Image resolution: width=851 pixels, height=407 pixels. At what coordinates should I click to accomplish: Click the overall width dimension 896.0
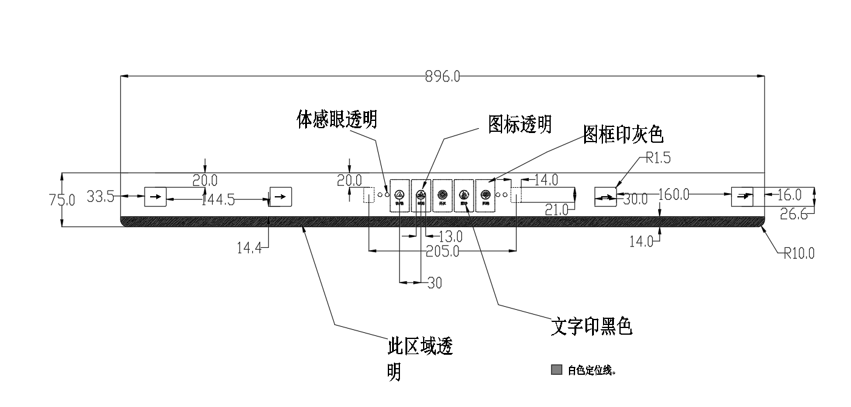pyautogui.click(x=443, y=77)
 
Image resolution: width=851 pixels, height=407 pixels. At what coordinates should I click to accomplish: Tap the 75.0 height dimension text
pyautogui.click(x=62, y=200)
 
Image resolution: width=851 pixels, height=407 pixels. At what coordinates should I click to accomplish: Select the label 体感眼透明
pyautogui.click(x=337, y=120)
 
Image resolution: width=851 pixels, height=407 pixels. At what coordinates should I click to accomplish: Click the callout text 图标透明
pyautogui.click(x=520, y=125)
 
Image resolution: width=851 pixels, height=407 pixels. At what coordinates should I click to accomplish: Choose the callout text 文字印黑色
pyautogui.click(x=591, y=327)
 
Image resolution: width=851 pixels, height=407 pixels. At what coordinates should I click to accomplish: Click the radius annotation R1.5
pyautogui.click(x=659, y=159)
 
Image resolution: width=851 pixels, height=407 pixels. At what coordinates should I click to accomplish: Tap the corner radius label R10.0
pyautogui.click(x=799, y=253)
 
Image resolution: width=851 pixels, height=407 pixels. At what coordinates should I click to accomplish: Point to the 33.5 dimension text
pyautogui.click(x=100, y=196)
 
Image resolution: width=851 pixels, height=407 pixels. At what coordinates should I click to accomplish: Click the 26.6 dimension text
pyautogui.click(x=795, y=214)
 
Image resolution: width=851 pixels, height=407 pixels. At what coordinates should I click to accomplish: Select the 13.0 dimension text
pyautogui.click(x=450, y=236)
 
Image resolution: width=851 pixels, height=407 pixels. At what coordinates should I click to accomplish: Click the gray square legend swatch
pyautogui.click(x=556, y=370)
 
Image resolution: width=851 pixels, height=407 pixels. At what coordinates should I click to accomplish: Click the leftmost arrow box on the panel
pyautogui.click(x=155, y=196)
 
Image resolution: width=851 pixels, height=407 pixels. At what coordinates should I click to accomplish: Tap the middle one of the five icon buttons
pyautogui.click(x=443, y=195)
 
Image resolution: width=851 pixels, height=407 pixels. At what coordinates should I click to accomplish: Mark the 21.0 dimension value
pyautogui.click(x=557, y=210)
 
